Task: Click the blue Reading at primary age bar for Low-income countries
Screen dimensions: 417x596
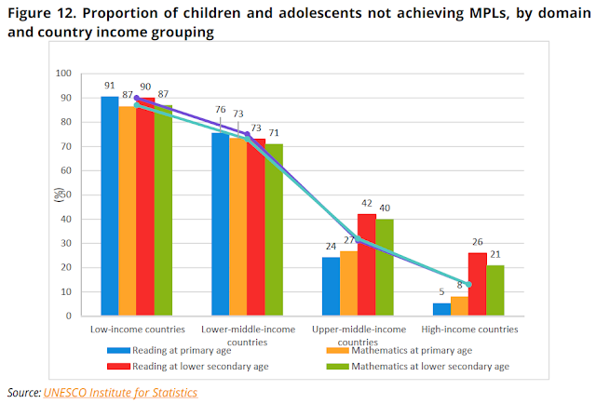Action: point(110,206)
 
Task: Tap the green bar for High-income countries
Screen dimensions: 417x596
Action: point(494,290)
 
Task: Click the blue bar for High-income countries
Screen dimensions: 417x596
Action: point(441,309)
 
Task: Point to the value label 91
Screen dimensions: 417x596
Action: point(110,86)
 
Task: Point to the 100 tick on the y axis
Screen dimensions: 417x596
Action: point(63,74)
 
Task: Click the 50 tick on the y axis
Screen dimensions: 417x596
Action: point(66,195)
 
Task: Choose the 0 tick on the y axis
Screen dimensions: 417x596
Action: point(69,316)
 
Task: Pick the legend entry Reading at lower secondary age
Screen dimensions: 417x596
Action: point(215,366)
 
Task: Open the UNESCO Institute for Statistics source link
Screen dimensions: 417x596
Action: point(120,393)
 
